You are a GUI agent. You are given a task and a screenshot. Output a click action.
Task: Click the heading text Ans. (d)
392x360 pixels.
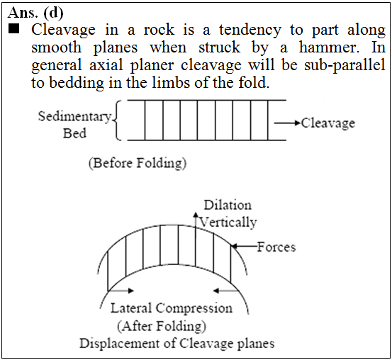click(35, 13)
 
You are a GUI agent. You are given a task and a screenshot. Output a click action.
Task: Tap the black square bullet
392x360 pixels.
click(13, 28)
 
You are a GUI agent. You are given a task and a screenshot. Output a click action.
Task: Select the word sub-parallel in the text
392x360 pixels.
click(345, 65)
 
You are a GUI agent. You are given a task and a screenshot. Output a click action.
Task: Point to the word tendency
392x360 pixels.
click(250, 30)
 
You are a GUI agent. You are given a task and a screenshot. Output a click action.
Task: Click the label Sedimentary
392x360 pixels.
click(74, 116)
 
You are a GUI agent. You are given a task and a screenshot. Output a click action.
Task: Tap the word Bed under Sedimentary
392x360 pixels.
click(74, 133)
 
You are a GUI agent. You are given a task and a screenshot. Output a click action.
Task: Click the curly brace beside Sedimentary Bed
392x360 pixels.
click(117, 120)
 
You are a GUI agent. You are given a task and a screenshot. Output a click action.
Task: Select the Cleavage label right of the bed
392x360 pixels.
click(328, 123)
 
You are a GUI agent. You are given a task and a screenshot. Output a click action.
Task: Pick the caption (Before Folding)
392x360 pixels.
click(138, 164)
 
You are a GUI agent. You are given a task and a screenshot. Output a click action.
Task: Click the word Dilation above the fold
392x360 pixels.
click(228, 206)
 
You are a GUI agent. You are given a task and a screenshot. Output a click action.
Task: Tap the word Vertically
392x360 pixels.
click(228, 223)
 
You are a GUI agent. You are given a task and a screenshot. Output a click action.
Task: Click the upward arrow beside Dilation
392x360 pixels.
click(196, 219)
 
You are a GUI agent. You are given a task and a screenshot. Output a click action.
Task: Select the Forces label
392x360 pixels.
click(276, 247)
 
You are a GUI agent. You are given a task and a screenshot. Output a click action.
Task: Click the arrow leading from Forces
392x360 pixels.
click(244, 247)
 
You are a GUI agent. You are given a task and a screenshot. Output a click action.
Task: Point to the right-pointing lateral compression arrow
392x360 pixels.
click(121, 291)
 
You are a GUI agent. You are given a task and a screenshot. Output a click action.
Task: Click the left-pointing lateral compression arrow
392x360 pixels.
click(225, 291)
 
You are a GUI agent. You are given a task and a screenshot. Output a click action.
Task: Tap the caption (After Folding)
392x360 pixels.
click(162, 326)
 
